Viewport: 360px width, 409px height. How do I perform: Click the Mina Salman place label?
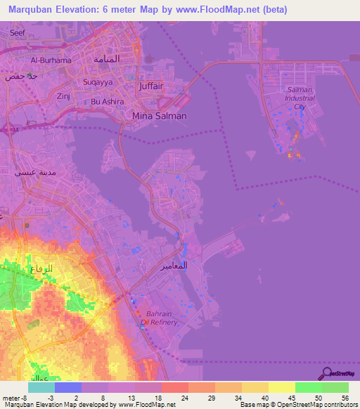[160, 115]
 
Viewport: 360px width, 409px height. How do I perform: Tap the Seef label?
[17, 32]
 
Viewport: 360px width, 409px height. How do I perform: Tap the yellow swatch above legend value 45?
[281, 387]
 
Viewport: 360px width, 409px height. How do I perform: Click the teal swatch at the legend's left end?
[41, 387]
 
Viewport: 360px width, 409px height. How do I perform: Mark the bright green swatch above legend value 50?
[308, 387]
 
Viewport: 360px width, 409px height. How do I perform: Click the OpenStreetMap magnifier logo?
[326, 372]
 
